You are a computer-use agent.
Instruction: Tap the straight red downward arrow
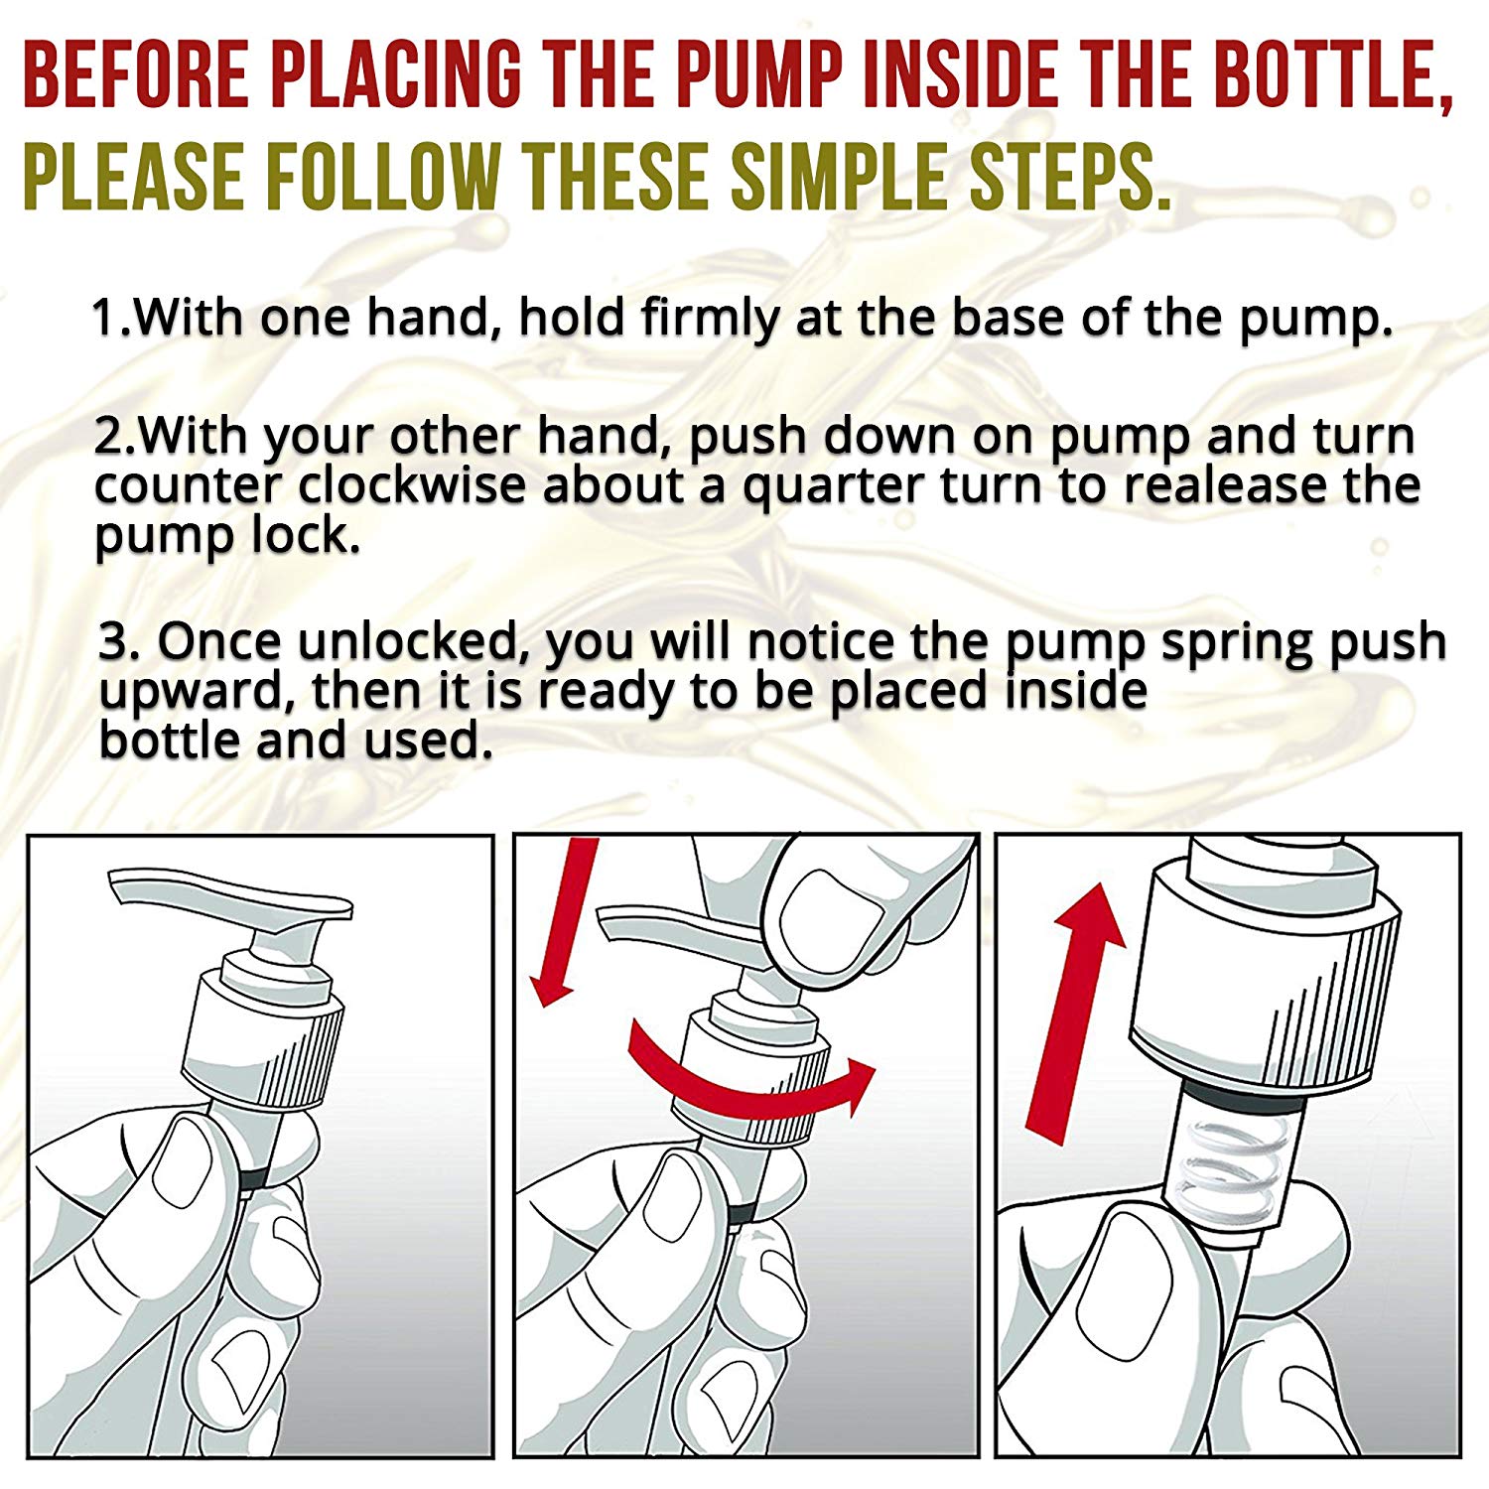563,921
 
